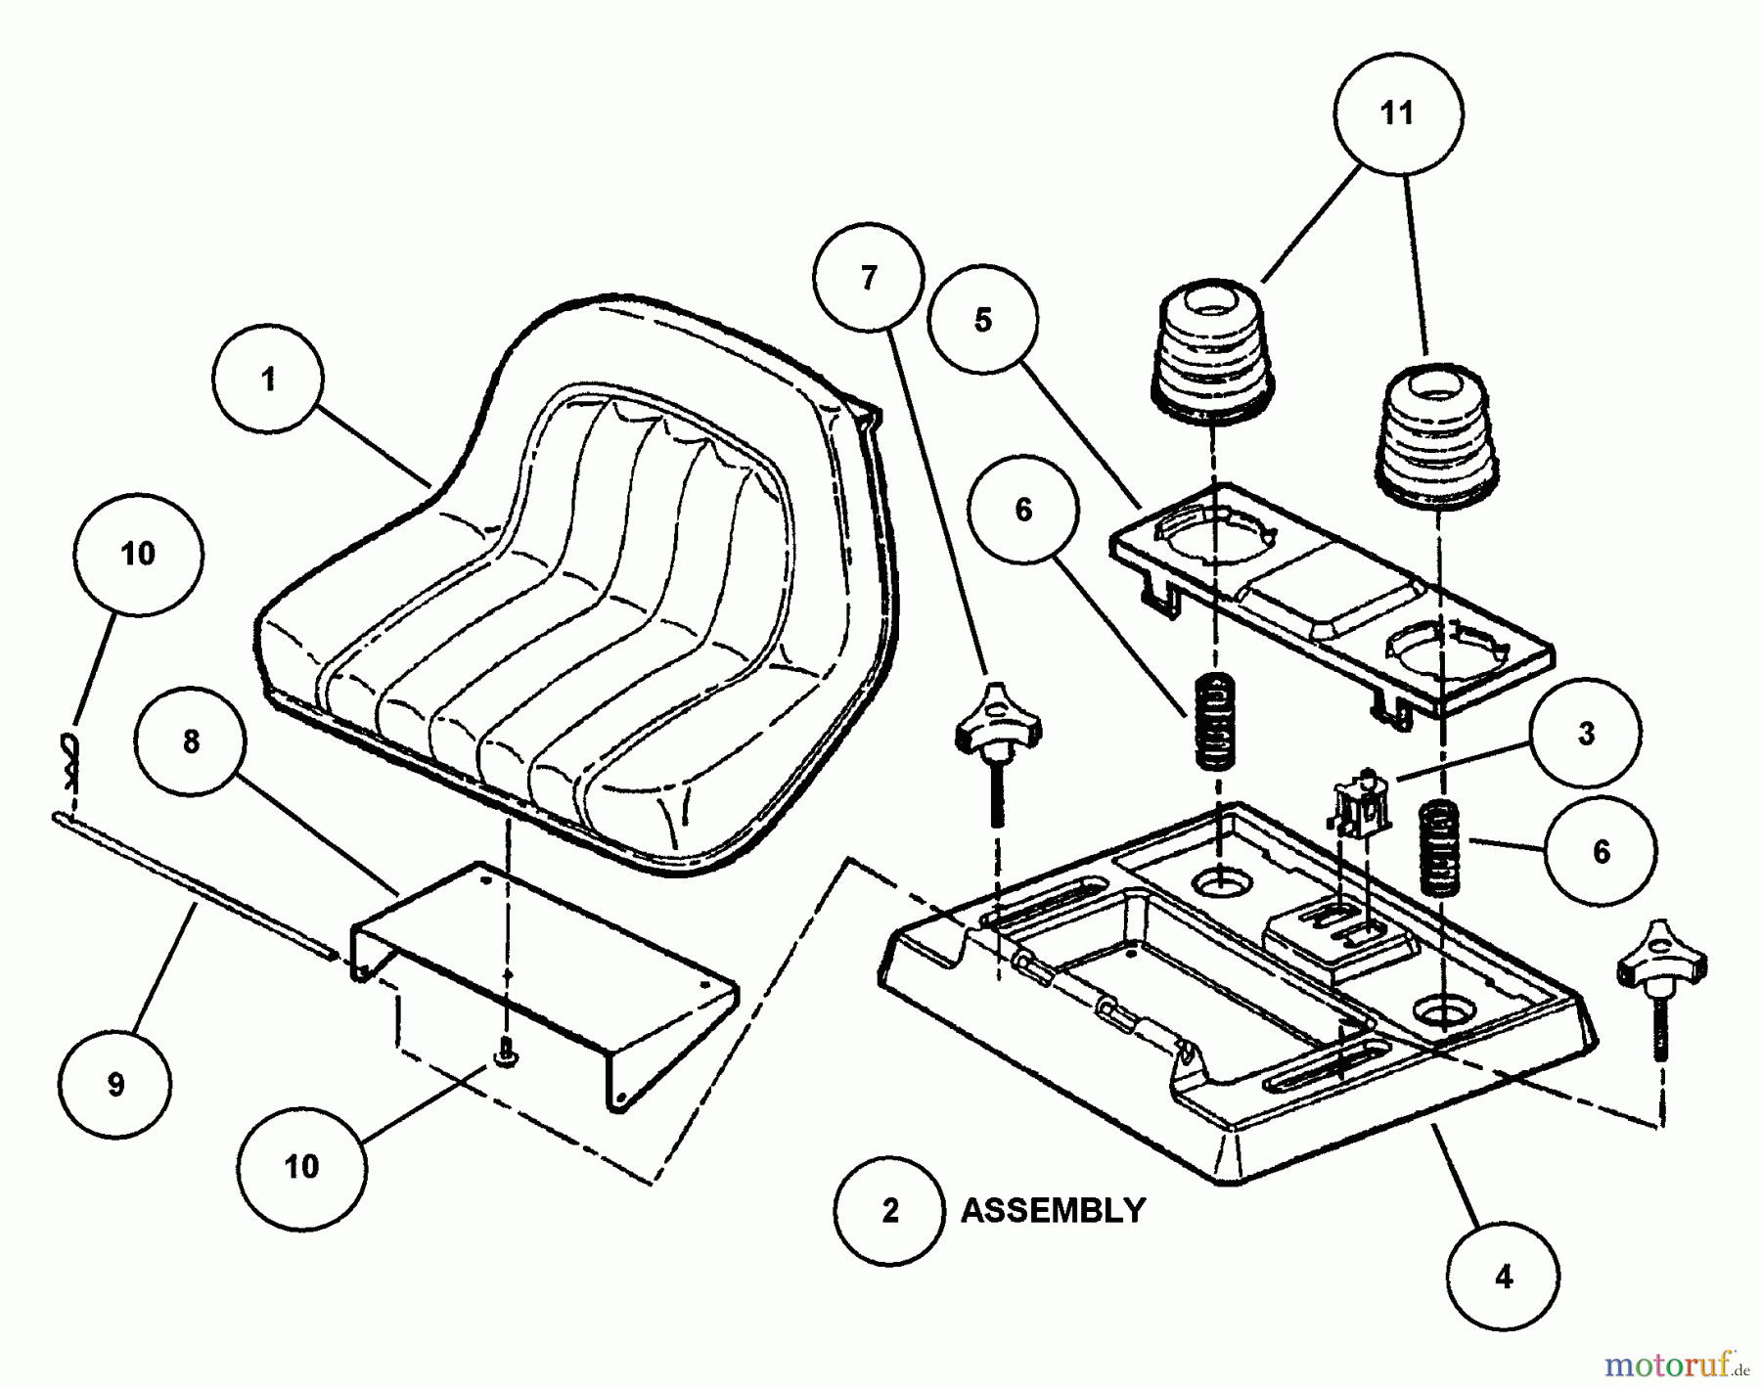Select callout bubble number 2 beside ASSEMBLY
coord(889,1211)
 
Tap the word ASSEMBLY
coord(1053,1211)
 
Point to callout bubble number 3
coord(1587,733)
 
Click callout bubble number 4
coord(1505,1276)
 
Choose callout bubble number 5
coord(983,319)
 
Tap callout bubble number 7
coord(869,278)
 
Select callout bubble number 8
coord(192,741)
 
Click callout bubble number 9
coord(115,1084)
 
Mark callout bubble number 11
coord(1397,112)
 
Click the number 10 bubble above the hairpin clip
coord(138,554)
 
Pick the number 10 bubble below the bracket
coord(301,1166)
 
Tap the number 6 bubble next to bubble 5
coord(1023,510)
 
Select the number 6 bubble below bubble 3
coord(1602,851)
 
